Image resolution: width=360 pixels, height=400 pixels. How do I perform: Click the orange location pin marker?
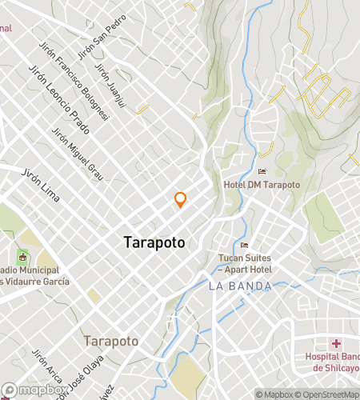[x=180, y=200]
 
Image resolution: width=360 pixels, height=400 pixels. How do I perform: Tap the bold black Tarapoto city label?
[x=154, y=242]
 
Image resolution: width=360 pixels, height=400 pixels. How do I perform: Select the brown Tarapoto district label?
[x=111, y=341]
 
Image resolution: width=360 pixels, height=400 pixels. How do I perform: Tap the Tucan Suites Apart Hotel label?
[x=245, y=263]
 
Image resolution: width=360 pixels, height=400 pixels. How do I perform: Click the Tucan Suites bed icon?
[x=245, y=245]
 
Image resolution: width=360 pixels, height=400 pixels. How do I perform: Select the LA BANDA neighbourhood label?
[x=240, y=286]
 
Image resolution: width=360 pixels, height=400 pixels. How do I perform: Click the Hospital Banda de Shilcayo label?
[x=329, y=362]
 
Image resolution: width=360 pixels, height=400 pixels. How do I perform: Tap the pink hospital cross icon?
[x=336, y=343]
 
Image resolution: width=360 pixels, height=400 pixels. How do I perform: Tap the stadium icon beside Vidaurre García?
[x=22, y=258]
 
